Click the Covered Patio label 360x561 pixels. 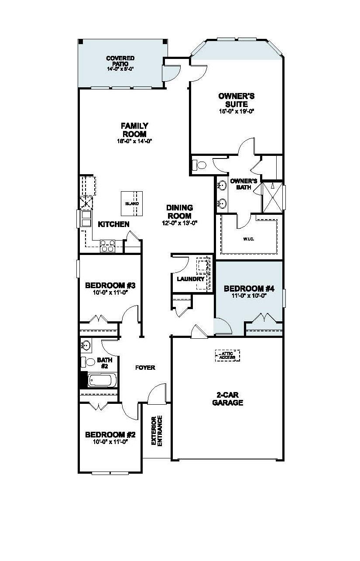coord(120,61)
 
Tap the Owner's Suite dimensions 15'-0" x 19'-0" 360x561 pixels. coord(237,111)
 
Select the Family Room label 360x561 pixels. coord(134,130)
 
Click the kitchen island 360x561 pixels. coord(132,203)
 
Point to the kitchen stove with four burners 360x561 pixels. coord(107,246)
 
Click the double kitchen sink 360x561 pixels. coord(85,218)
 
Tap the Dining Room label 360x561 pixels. coord(179,212)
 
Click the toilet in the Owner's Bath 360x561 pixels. coord(200,165)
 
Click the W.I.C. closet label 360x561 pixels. coord(249,239)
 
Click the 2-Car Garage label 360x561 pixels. coord(227,399)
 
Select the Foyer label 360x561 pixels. coord(145,368)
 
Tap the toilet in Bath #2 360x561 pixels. coord(88,362)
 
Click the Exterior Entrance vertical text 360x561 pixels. coord(156,431)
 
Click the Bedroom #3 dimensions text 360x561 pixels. coord(110,293)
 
